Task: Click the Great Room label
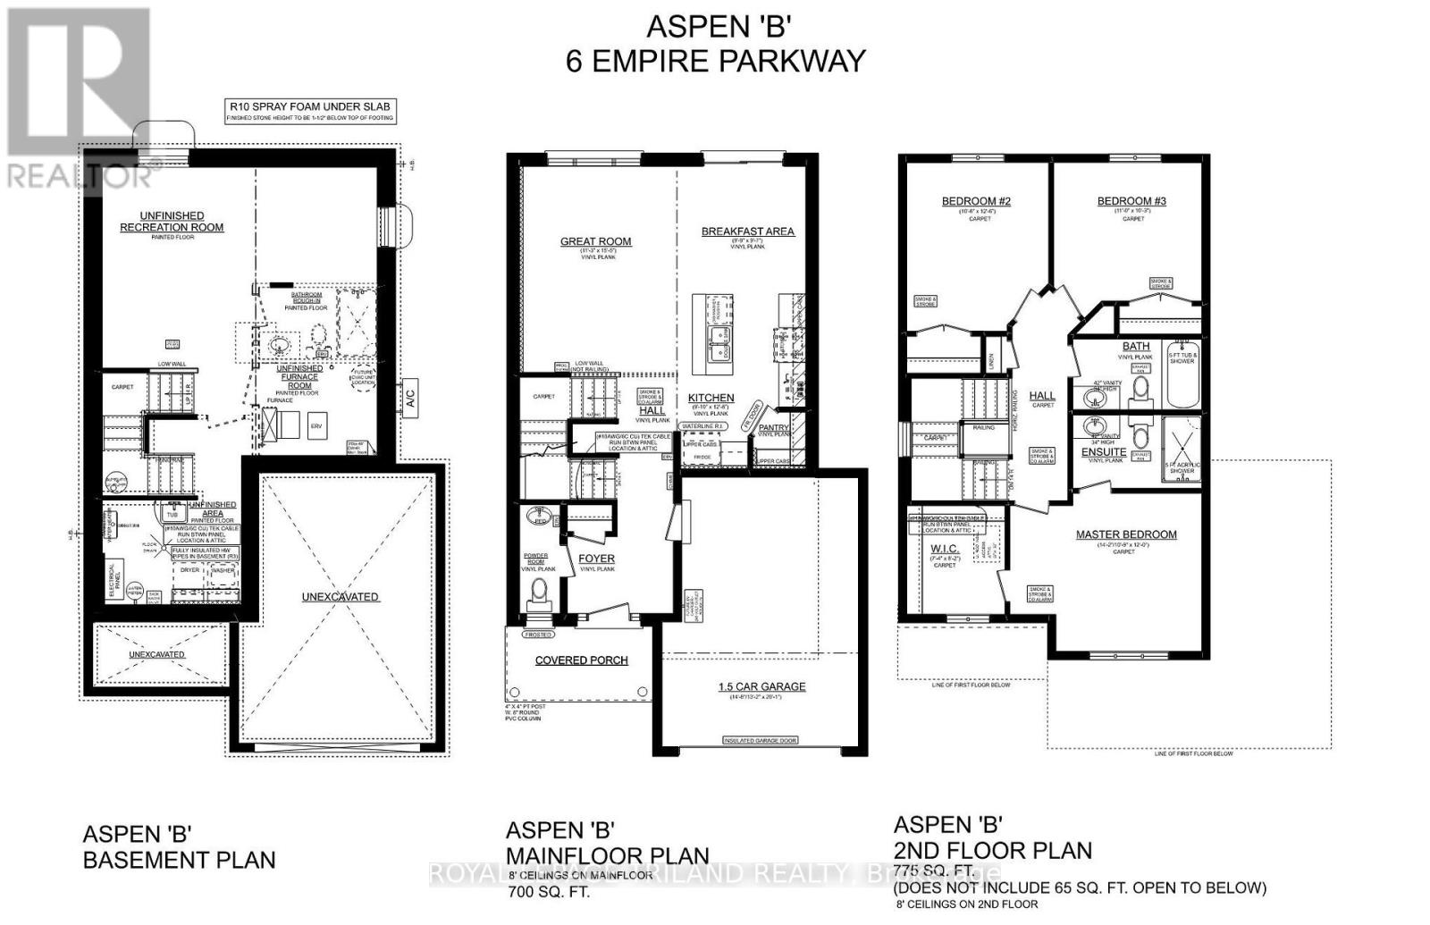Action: [595, 241]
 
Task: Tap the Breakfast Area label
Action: [747, 231]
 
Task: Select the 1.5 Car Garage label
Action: [761, 686]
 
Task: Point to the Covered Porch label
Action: [581, 660]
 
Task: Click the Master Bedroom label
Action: [1125, 534]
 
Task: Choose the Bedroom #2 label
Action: [976, 201]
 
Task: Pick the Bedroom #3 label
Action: [1131, 201]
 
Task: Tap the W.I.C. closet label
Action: [945, 548]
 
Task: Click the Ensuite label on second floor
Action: [1104, 452]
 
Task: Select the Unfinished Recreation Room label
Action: [172, 222]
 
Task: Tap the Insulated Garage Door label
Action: [761, 741]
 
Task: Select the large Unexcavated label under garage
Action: [340, 596]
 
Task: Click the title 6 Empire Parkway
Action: [715, 61]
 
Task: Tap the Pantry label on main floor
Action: [774, 428]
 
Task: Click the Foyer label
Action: [596, 559]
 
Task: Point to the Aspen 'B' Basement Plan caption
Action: [179, 847]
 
